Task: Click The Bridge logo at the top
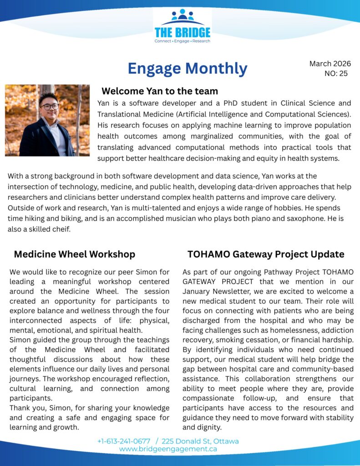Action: tap(182, 26)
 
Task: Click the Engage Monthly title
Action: tap(188, 68)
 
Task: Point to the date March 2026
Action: tap(330, 64)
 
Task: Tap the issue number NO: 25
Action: tap(336, 73)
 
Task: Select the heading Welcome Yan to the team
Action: tap(160, 91)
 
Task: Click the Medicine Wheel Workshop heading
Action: tap(75, 254)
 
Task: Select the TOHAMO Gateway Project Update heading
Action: tap(266, 254)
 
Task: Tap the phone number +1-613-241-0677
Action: tap(124, 441)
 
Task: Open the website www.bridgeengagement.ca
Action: tap(168, 449)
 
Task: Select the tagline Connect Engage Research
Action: tap(182, 41)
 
